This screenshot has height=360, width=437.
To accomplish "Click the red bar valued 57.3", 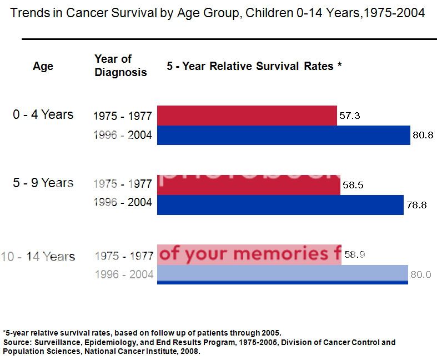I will (247, 116).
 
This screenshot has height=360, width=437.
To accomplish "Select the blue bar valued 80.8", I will (283, 135).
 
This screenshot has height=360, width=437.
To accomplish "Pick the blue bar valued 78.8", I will (280, 204).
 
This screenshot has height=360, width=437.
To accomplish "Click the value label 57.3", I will (349, 116).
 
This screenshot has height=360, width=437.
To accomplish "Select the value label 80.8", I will (423, 134).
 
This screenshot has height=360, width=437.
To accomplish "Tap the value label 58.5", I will (353, 186).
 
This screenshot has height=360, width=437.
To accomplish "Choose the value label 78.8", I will (416, 204).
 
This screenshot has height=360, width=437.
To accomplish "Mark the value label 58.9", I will (354, 255).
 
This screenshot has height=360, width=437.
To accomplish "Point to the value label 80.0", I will (420, 274).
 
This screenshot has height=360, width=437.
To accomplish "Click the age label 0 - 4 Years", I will (43, 114).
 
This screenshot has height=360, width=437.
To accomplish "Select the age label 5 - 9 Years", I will (43, 183).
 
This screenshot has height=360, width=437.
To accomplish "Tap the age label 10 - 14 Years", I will (38, 257).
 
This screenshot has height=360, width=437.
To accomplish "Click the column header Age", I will (43, 66).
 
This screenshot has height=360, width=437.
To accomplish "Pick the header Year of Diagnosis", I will (120, 66).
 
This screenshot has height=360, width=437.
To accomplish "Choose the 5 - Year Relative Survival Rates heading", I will (254, 66).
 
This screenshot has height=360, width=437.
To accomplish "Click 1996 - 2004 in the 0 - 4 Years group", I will (123, 135).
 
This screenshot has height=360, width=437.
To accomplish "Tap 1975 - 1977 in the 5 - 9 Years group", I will (123, 184).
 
